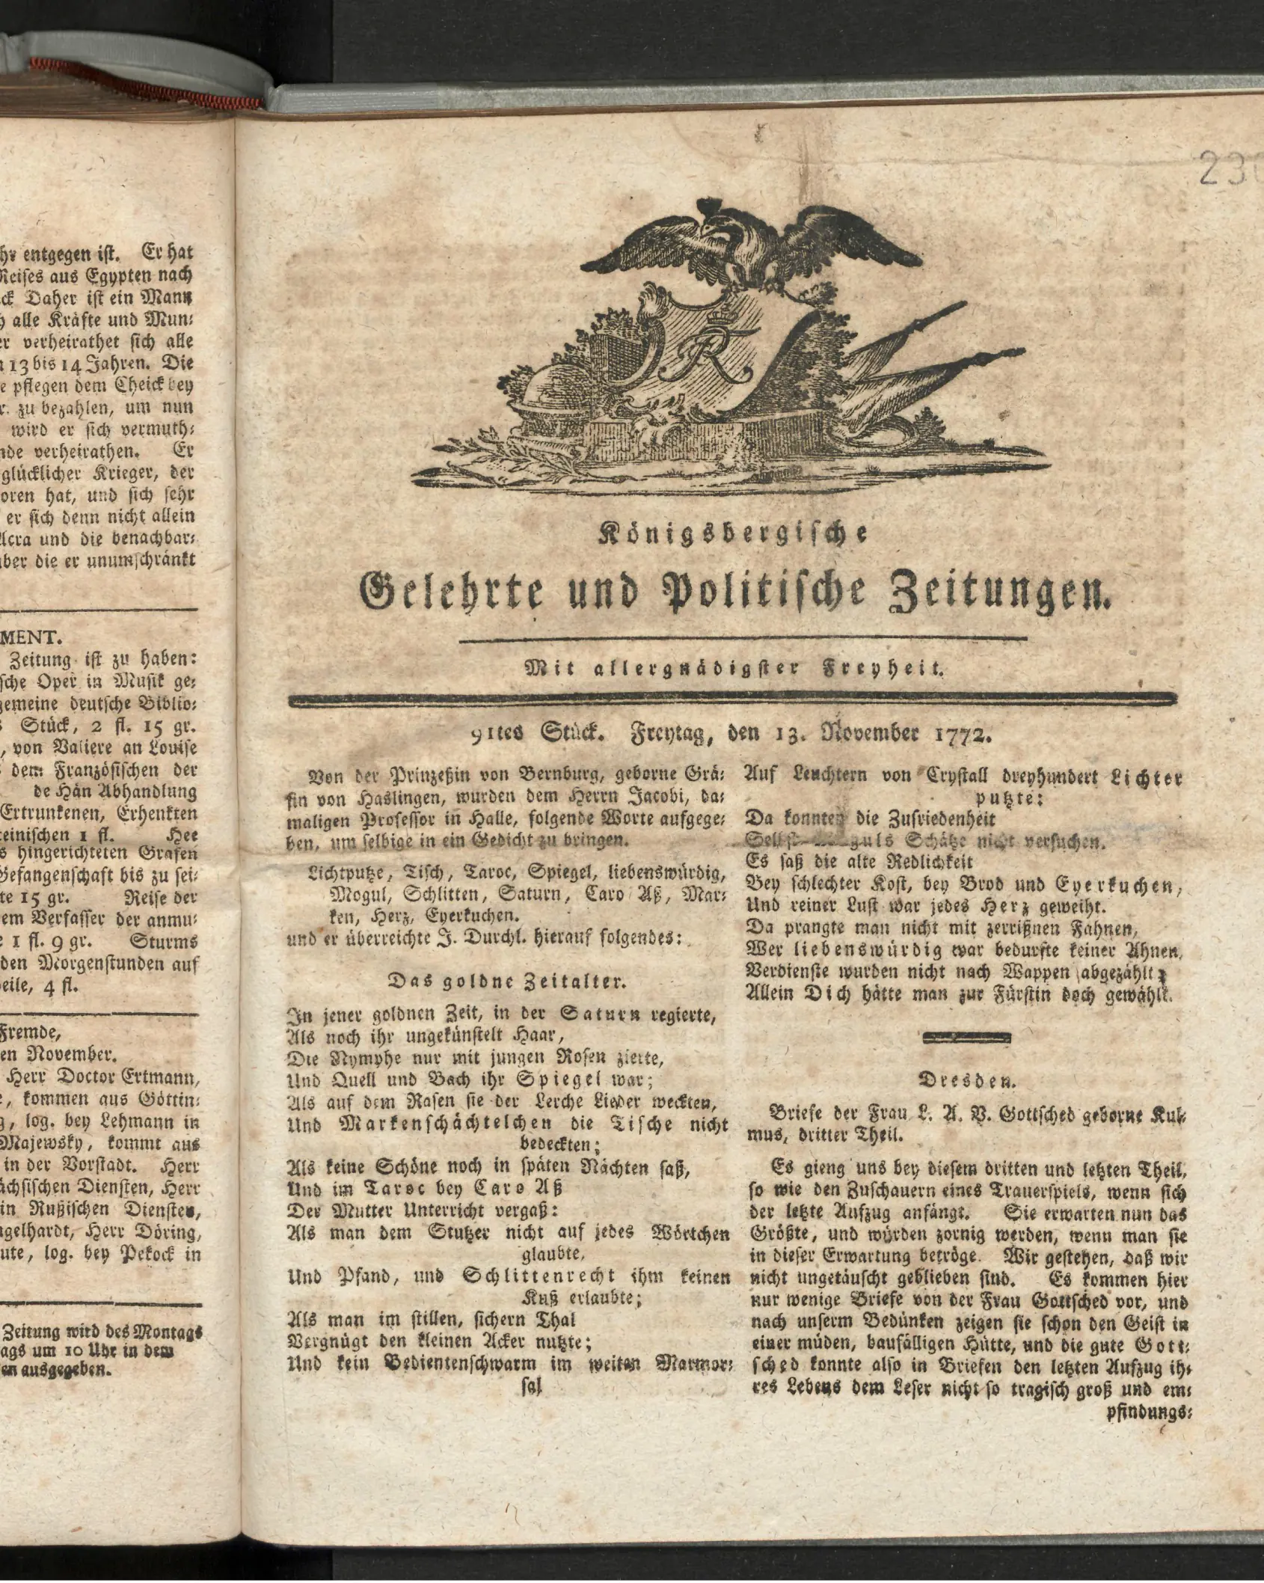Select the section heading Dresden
tap(966, 1081)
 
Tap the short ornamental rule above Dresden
tap(967, 1037)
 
